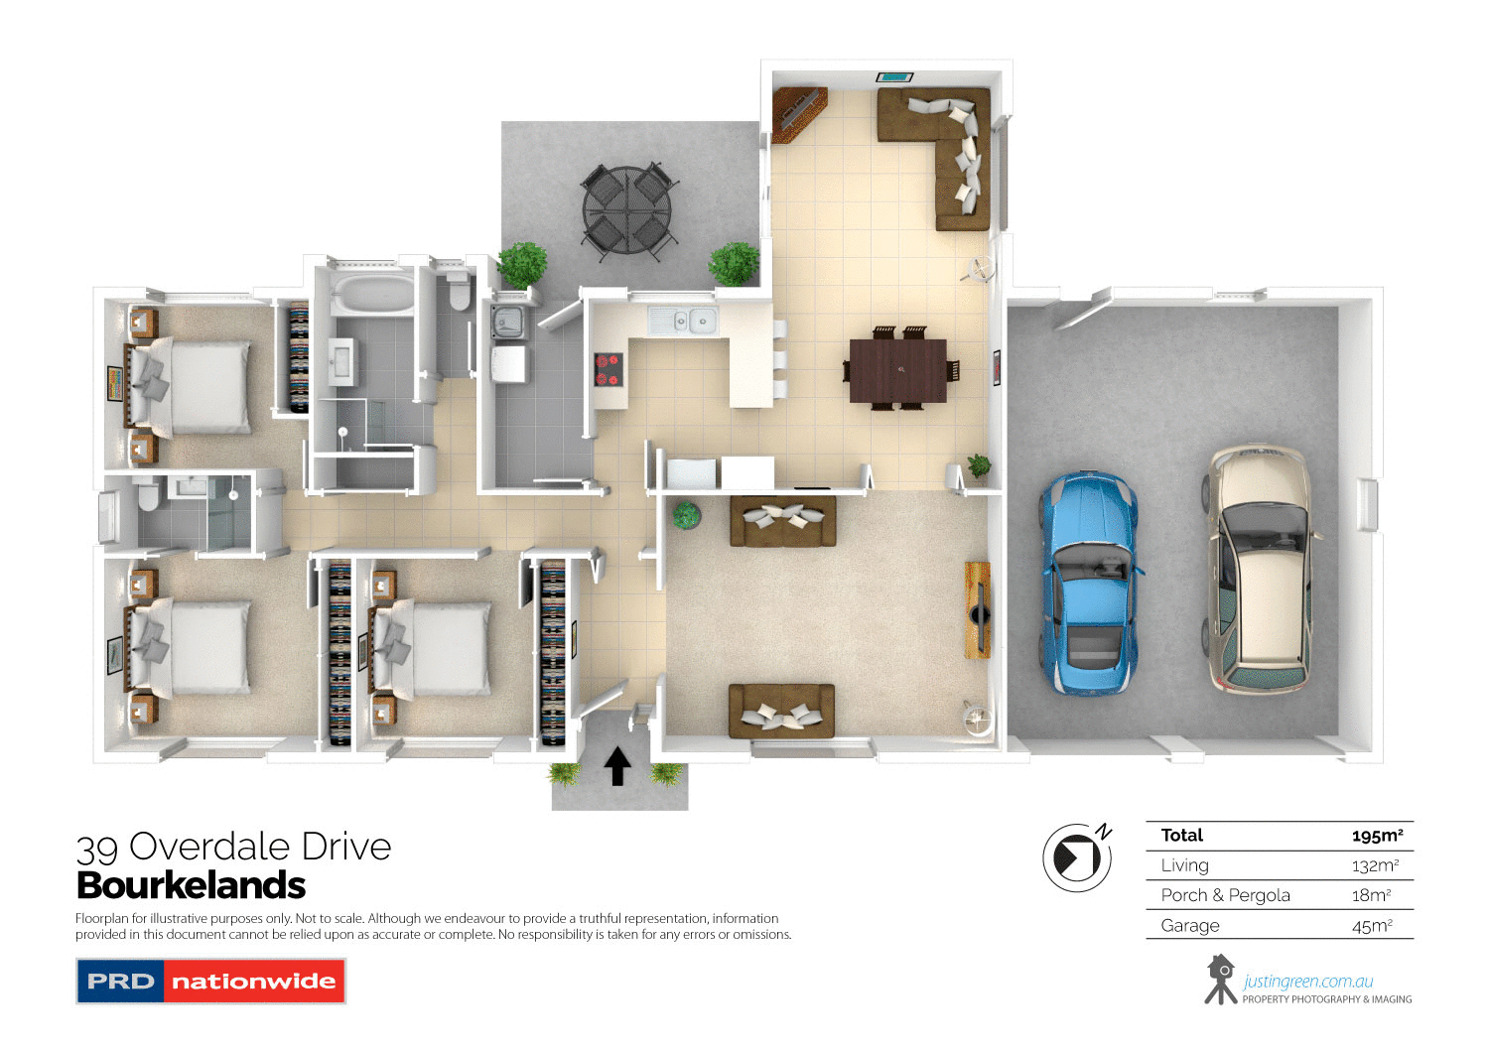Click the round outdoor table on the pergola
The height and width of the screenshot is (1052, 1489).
point(626,211)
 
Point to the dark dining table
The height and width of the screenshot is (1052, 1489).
point(897,370)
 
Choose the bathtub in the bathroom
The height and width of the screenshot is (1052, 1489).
point(371,295)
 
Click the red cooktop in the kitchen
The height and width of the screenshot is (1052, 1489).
point(608,369)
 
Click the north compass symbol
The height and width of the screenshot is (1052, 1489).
point(1076,856)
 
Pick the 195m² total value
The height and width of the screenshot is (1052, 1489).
point(1377,836)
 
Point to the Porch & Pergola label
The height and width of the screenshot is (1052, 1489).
point(1225,895)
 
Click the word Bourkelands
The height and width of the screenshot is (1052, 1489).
point(191,885)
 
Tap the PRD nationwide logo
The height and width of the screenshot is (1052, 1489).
point(210,981)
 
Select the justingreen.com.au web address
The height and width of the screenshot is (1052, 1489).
point(1307,982)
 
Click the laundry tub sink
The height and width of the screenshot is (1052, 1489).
point(508,322)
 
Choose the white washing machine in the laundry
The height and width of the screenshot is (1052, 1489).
point(508,363)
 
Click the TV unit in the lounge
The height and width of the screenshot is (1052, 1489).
point(978,608)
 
